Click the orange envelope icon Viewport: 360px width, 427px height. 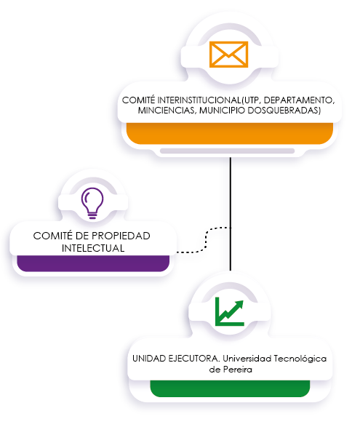229,54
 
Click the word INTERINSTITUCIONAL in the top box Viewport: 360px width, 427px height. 199,100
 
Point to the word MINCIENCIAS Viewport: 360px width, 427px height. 166,111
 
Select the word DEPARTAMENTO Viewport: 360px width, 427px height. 298,100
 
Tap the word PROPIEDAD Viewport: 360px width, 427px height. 121,236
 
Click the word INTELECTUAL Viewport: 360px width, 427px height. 93,248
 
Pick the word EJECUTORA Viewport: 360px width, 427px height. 194,359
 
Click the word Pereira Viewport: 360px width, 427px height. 238,370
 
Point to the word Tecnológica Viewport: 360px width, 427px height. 300,359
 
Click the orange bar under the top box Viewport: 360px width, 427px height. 230,133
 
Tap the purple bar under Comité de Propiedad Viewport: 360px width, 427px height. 93,263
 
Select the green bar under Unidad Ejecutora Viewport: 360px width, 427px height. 230,388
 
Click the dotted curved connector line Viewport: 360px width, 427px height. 206,240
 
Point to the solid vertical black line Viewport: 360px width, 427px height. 231,214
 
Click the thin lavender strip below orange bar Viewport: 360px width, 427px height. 227,151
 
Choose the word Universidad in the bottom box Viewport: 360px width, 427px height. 247,359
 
